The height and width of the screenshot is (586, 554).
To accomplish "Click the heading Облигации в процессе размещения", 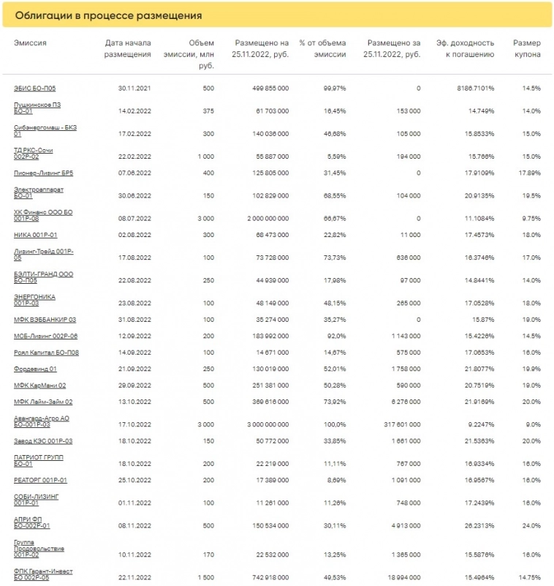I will coord(108,15).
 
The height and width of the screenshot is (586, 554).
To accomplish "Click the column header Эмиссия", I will coord(30,43).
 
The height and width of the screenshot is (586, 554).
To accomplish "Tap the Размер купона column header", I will coord(526,48).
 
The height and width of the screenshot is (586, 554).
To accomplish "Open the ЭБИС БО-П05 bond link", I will coord(34,88).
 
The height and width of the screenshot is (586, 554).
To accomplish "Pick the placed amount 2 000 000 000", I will coord(262,218).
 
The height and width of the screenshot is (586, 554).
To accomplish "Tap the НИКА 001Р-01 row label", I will coord(35,235).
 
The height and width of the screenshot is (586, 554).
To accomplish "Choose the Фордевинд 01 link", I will coord(35,369).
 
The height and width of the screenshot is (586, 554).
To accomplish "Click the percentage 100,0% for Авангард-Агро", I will coord(333,424).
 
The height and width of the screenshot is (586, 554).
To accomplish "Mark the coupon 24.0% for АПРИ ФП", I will coord(531,525).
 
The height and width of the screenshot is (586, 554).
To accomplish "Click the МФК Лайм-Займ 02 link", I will coord(43,402).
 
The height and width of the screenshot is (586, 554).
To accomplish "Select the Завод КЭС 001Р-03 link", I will coord(43,441).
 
